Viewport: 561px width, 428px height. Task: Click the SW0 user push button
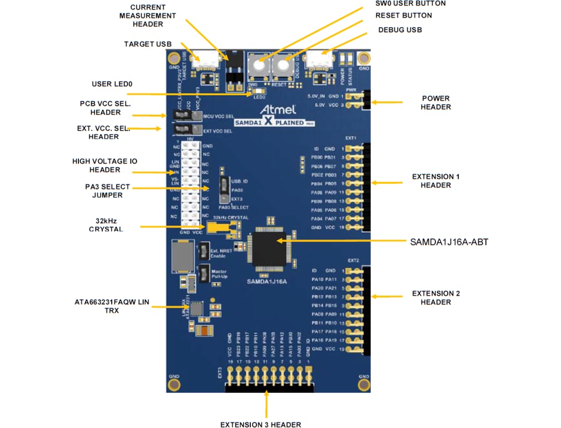click(257, 66)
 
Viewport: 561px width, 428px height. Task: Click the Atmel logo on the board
click(278, 110)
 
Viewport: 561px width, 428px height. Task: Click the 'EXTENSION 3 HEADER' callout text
click(260, 424)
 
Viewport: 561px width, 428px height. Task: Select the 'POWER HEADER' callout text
click(435, 102)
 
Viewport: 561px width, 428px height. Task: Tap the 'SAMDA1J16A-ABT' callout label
click(449, 242)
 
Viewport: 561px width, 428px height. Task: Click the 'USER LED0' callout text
click(111, 84)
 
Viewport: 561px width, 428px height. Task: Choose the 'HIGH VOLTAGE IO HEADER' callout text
click(104, 166)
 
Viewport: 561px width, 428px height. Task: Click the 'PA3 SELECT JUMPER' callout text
click(108, 191)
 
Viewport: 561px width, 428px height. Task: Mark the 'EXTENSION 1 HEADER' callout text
click(435, 181)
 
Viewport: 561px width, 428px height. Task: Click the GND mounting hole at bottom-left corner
click(174, 383)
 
